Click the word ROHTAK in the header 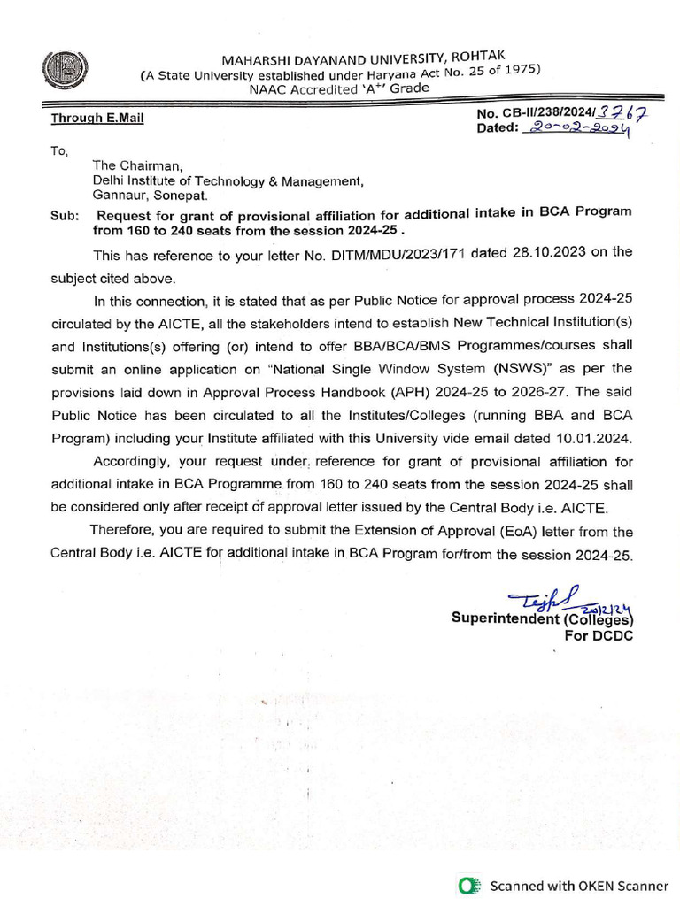click(x=478, y=57)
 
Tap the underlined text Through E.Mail click(x=97, y=118)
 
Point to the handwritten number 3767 click(x=621, y=112)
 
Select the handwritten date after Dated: click(x=576, y=129)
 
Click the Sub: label click(x=65, y=215)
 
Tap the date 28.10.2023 click(x=511, y=252)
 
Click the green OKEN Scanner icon click(x=470, y=885)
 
